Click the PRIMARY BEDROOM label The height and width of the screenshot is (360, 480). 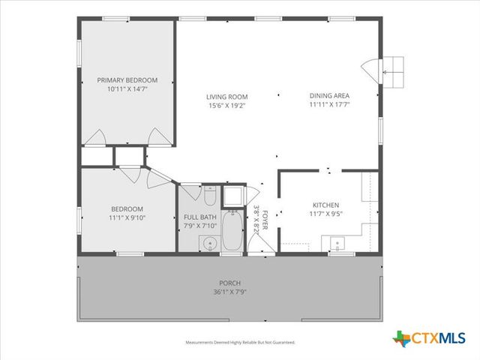click(127, 80)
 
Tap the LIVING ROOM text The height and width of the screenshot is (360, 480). click(227, 97)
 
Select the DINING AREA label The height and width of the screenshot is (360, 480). click(329, 96)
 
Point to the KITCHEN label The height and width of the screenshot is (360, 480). click(326, 205)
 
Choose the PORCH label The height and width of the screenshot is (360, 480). click(230, 283)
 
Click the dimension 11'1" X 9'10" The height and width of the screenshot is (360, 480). click(127, 218)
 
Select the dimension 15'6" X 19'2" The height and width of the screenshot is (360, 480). click(227, 106)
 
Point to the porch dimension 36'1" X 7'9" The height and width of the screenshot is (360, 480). click(230, 292)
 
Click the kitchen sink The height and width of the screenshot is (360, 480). click(336, 243)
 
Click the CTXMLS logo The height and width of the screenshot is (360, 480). click(429, 338)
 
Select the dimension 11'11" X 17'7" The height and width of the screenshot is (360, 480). click(329, 105)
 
